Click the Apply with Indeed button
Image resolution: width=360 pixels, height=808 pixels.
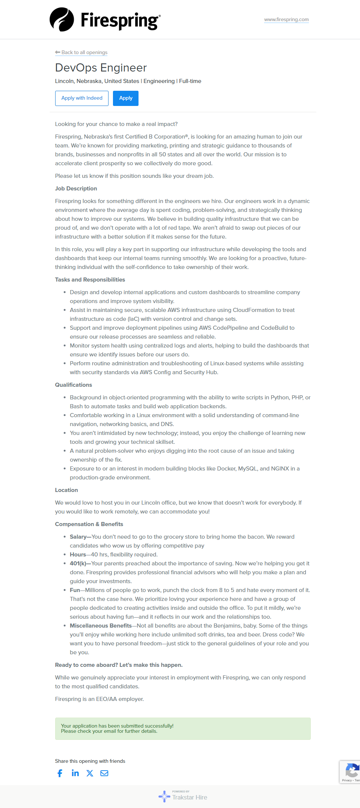click(x=82, y=98)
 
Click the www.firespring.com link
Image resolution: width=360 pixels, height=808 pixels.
click(x=286, y=20)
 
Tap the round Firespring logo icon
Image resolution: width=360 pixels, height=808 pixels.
click(x=62, y=20)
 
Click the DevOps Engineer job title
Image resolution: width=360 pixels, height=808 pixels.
click(x=101, y=68)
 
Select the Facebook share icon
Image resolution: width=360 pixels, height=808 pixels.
click(x=60, y=773)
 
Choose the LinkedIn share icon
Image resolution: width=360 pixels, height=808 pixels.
click(x=75, y=773)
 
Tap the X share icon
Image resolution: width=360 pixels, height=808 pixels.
click(x=90, y=773)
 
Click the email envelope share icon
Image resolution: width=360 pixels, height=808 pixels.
click(x=104, y=773)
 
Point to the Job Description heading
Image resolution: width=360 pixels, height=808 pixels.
click(x=76, y=189)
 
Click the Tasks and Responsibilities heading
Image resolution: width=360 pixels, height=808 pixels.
click(x=90, y=280)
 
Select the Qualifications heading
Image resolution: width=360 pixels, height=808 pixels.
click(x=73, y=385)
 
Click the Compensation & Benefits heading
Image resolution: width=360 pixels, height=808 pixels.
click(x=89, y=524)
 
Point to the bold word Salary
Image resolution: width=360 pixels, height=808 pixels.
click(x=78, y=537)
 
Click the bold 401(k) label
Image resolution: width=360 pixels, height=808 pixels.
click(x=78, y=563)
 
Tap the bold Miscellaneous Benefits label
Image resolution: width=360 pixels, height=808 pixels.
click(x=101, y=626)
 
